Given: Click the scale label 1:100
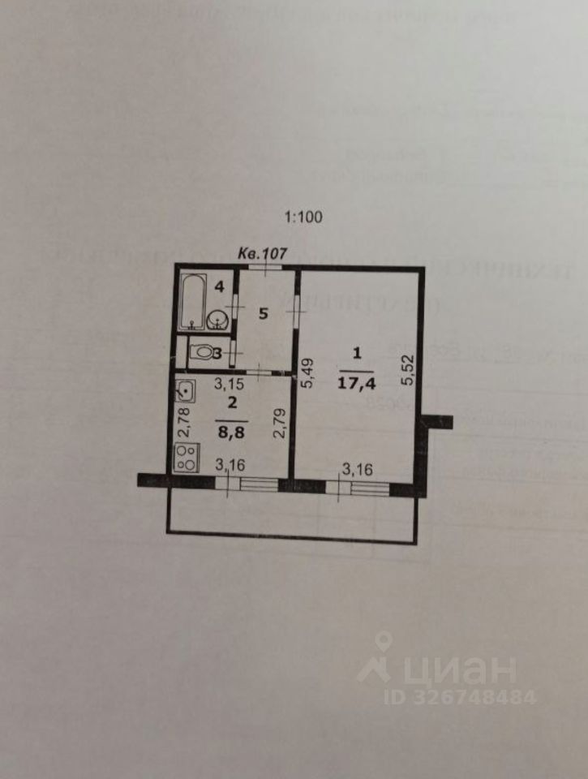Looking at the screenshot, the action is [303, 217].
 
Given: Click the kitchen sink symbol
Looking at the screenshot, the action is [186, 390].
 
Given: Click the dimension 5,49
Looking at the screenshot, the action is [306, 374].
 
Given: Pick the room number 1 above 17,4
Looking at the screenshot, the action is [356, 353].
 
